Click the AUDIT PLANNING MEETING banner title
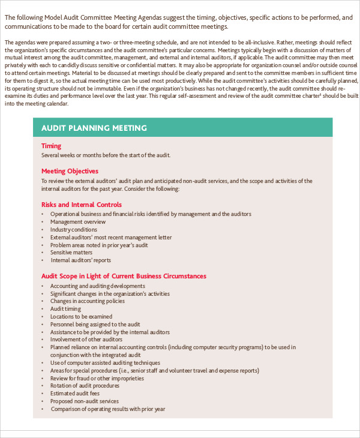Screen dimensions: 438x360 [x=94, y=128]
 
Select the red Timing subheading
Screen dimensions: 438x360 [x=51, y=146]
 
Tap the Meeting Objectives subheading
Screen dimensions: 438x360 [x=70, y=171]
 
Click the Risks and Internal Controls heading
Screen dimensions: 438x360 [x=81, y=205]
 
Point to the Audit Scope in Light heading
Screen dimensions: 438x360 [x=124, y=276]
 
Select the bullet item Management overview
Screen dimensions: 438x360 [x=77, y=221]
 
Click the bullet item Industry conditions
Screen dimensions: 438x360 [x=73, y=229]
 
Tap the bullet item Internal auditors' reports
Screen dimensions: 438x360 [x=80, y=260]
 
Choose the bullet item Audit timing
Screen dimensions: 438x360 [x=65, y=308]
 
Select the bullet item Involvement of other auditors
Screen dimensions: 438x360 [x=86, y=340]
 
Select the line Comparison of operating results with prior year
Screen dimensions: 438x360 [x=107, y=409]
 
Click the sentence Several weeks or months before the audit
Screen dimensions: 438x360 [x=106, y=155]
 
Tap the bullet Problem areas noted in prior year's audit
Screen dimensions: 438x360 [x=98, y=245]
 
